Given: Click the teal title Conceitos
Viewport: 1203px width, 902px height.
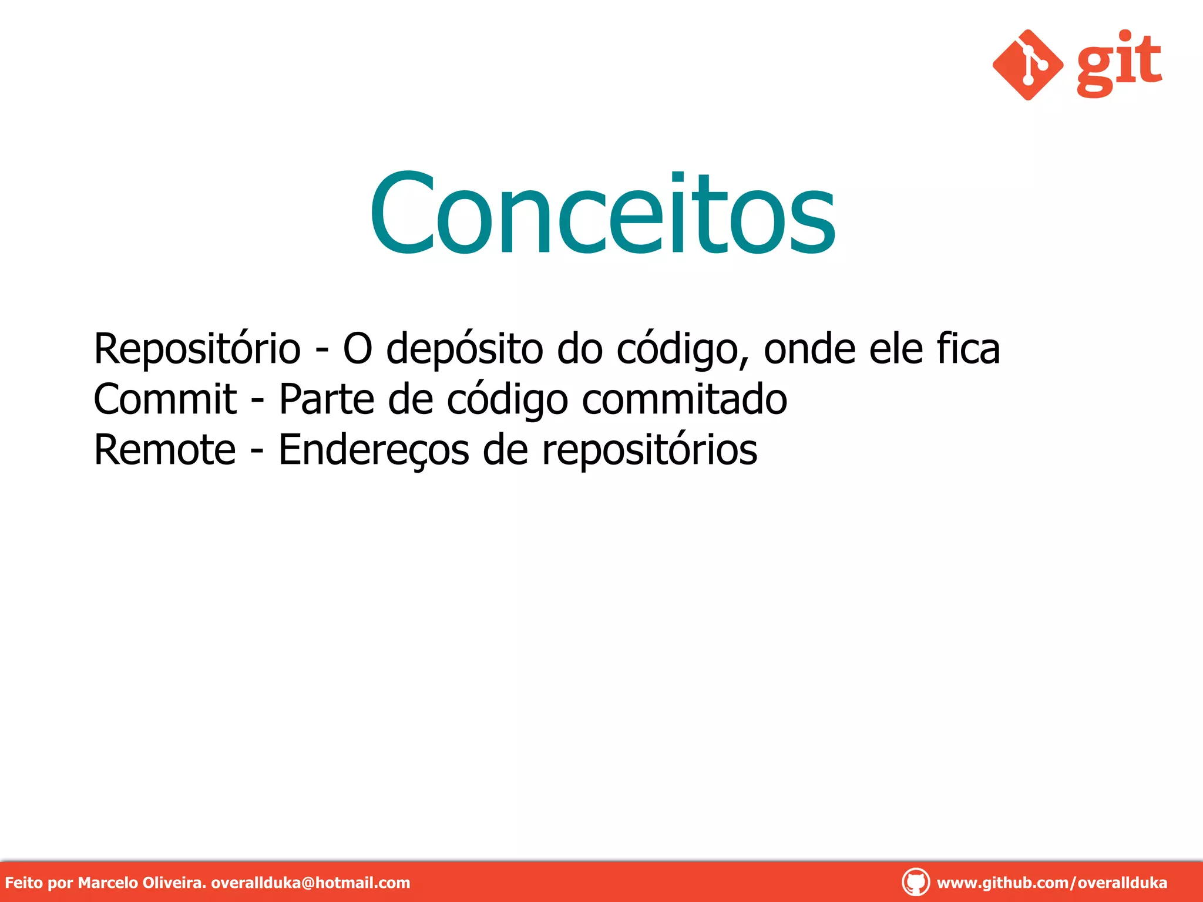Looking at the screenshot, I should coord(602,214).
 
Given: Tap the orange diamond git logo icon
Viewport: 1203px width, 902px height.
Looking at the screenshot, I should coord(1027,65).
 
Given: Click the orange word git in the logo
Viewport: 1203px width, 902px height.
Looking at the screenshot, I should coord(1119,63).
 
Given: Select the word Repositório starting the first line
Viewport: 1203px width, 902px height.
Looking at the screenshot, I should coord(197,350).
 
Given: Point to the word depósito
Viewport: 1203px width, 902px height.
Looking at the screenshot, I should coord(465,350).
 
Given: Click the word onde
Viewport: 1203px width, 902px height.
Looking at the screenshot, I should coord(809,350).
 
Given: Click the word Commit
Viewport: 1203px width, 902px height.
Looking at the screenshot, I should coord(165,400).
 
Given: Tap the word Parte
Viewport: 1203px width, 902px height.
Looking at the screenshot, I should coord(327,400).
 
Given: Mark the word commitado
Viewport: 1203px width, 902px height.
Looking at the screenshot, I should coord(684,400).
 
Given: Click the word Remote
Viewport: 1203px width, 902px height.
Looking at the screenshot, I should coord(165,450).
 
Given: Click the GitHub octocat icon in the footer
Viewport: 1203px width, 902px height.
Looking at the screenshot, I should coord(915,882).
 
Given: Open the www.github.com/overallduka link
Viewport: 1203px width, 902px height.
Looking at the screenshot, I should coord(1051,883).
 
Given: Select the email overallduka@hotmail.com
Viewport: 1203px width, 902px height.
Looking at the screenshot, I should coord(310,883).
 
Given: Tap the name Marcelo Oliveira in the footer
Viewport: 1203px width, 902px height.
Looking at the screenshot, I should coord(142,883).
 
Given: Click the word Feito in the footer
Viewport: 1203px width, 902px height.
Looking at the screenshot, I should coord(23,883).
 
